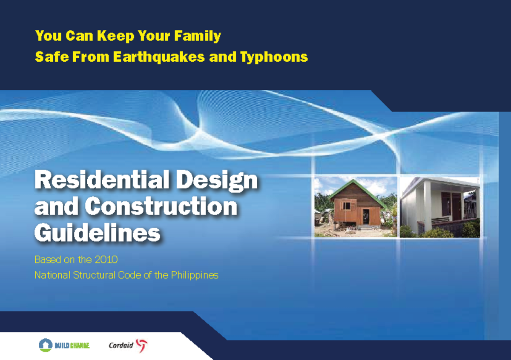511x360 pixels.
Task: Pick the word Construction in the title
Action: pyautogui.click(x=161, y=207)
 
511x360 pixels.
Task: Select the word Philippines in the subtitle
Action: pyautogui.click(x=195, y=275)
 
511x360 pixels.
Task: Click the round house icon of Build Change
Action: pyautogui.click(x=45, y=345)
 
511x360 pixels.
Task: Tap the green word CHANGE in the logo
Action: pyautogui.click(x=79, y=345)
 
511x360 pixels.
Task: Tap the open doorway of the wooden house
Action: pyautogui.click(x=365, y=217)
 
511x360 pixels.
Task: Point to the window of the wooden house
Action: pyautogui.click(x=347, y=206)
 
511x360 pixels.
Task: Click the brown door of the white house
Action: pyautogui.click(x=456, y=207)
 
